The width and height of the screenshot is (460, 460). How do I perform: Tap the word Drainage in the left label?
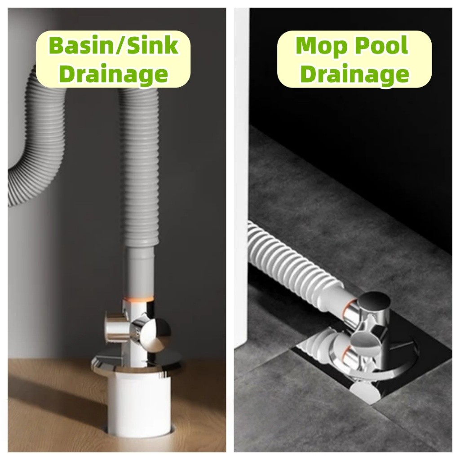click(114, 74)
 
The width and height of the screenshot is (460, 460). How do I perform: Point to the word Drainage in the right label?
click(355, 74)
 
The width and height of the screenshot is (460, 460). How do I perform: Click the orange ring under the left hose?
click(139, 299)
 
